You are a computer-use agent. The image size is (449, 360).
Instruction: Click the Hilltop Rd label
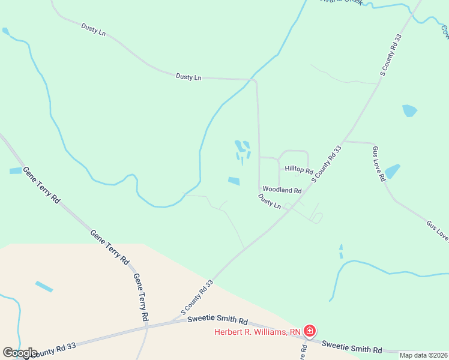tap(299, 170)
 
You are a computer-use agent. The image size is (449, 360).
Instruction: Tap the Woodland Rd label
tap(282, 190)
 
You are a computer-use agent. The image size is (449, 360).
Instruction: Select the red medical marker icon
tap(309, 331)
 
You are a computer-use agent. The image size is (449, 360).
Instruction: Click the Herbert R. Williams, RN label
tap(258, 332)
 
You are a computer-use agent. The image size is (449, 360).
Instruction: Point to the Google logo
tap(19, 352)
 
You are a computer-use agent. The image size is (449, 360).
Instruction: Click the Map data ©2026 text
tap(423, 355)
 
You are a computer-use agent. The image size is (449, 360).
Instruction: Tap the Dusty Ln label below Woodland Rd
tap(270, 201)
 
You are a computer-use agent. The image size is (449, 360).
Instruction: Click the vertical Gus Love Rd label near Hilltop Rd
tap(378, 163)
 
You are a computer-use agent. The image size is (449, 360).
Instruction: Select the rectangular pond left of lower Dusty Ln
tap(234, 181)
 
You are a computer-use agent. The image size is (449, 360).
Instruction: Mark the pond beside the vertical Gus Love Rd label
tap(391, 172)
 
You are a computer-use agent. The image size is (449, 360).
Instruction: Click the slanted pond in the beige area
tap(44, 286)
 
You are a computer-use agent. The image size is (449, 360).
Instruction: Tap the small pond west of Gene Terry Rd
tap(16, 171)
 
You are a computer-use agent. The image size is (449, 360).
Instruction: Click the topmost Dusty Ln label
tap(93, 29)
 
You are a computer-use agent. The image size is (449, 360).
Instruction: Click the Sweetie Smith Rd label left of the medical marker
tap(217, 320)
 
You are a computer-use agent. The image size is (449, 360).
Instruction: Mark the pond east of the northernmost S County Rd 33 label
tap(409, 110)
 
